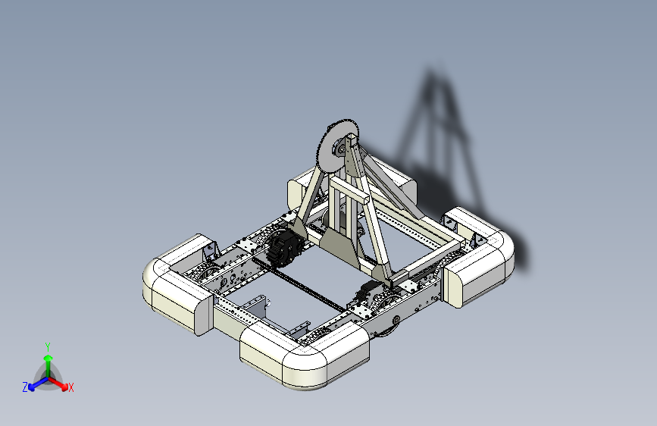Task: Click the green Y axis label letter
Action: pyautogui.click(x=48, y=347)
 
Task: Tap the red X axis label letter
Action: pyautogui.click(x=70, y=388)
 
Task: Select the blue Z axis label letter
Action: pyautogui.click(x=25, y=387)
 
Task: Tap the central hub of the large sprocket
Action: pyautogui.click(x=339, y=149)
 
